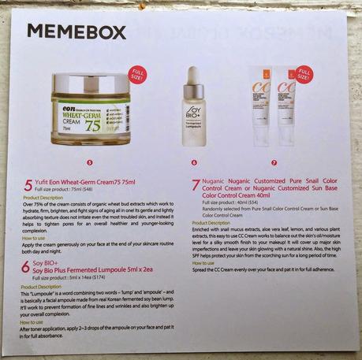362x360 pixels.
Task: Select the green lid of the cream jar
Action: pyautogui.click(x=88, y=82)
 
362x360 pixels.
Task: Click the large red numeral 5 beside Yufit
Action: pyautogui.click(x=28, y=184)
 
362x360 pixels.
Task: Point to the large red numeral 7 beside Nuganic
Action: pyautogui.click(x=196, y=187)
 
